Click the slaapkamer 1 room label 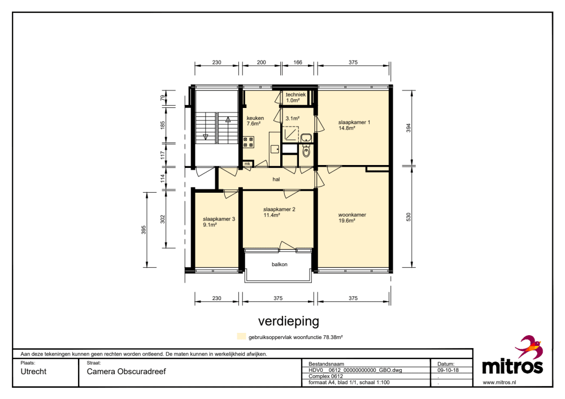pos(354,123)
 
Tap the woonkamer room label pos(352,215)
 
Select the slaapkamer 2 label pos(279,210)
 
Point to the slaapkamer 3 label pos(219,219)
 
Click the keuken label pos(255,118)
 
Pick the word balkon pos(280,264)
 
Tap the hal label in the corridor pos(276,179)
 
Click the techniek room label pos(295,94)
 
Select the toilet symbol pos(306,151)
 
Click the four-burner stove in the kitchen pos(248,142)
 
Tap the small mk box pos(247,164)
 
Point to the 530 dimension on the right pos(408,217)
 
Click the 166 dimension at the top pos(298,62)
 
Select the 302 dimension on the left pos(163,219)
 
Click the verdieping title pos(289,321)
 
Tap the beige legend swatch pos(241,336)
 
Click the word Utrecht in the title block pos(33,372)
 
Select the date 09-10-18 pos(448,370)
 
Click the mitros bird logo pos(529,347)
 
